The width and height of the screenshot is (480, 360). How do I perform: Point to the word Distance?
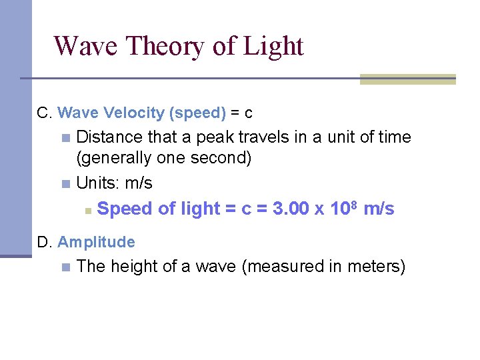[x=110, y=137]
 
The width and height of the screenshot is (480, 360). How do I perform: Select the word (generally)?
[x=114, y=159]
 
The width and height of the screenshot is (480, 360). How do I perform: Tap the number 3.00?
[x=291, y=209]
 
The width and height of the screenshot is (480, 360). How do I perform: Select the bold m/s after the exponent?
[x=379, y=209]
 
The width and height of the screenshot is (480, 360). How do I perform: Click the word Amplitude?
[x=96, y=242]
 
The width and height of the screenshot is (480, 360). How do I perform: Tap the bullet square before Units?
[x=65, y=183]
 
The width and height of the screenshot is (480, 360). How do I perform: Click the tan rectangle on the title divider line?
[x=407, y=79]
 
